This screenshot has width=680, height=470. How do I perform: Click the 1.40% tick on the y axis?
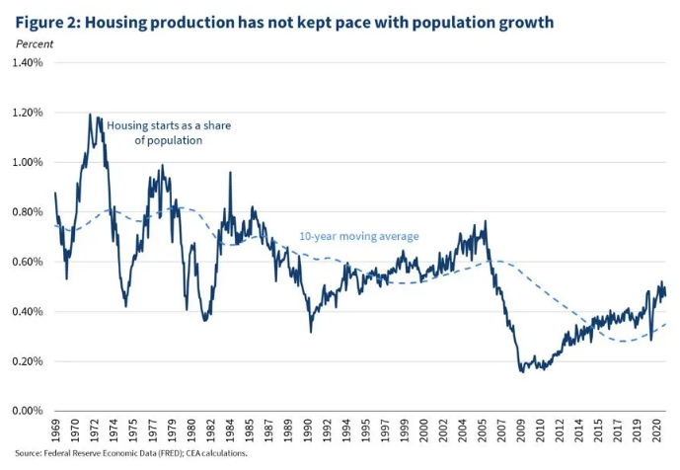(x=27, y=63)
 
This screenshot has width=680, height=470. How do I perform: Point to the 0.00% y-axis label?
(x=27, y=411)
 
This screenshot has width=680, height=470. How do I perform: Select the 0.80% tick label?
(x=27, y=212)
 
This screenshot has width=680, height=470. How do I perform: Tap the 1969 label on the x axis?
(x=55, y=431)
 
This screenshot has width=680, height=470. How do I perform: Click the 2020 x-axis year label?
(x=652, y=431)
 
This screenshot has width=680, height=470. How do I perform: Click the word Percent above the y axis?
(x=36, y=43)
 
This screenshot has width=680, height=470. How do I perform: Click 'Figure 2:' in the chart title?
(x=47, y=21)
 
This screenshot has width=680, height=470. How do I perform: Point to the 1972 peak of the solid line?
(x=90, y=115)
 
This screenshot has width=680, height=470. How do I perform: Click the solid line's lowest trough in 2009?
(x=521, y=371)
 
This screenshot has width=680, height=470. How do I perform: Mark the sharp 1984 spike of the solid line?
(x=230, y=173)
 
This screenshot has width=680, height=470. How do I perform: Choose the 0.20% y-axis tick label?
(x=27, y=361)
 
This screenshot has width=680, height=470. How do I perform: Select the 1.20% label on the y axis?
(x=27, y=113)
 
